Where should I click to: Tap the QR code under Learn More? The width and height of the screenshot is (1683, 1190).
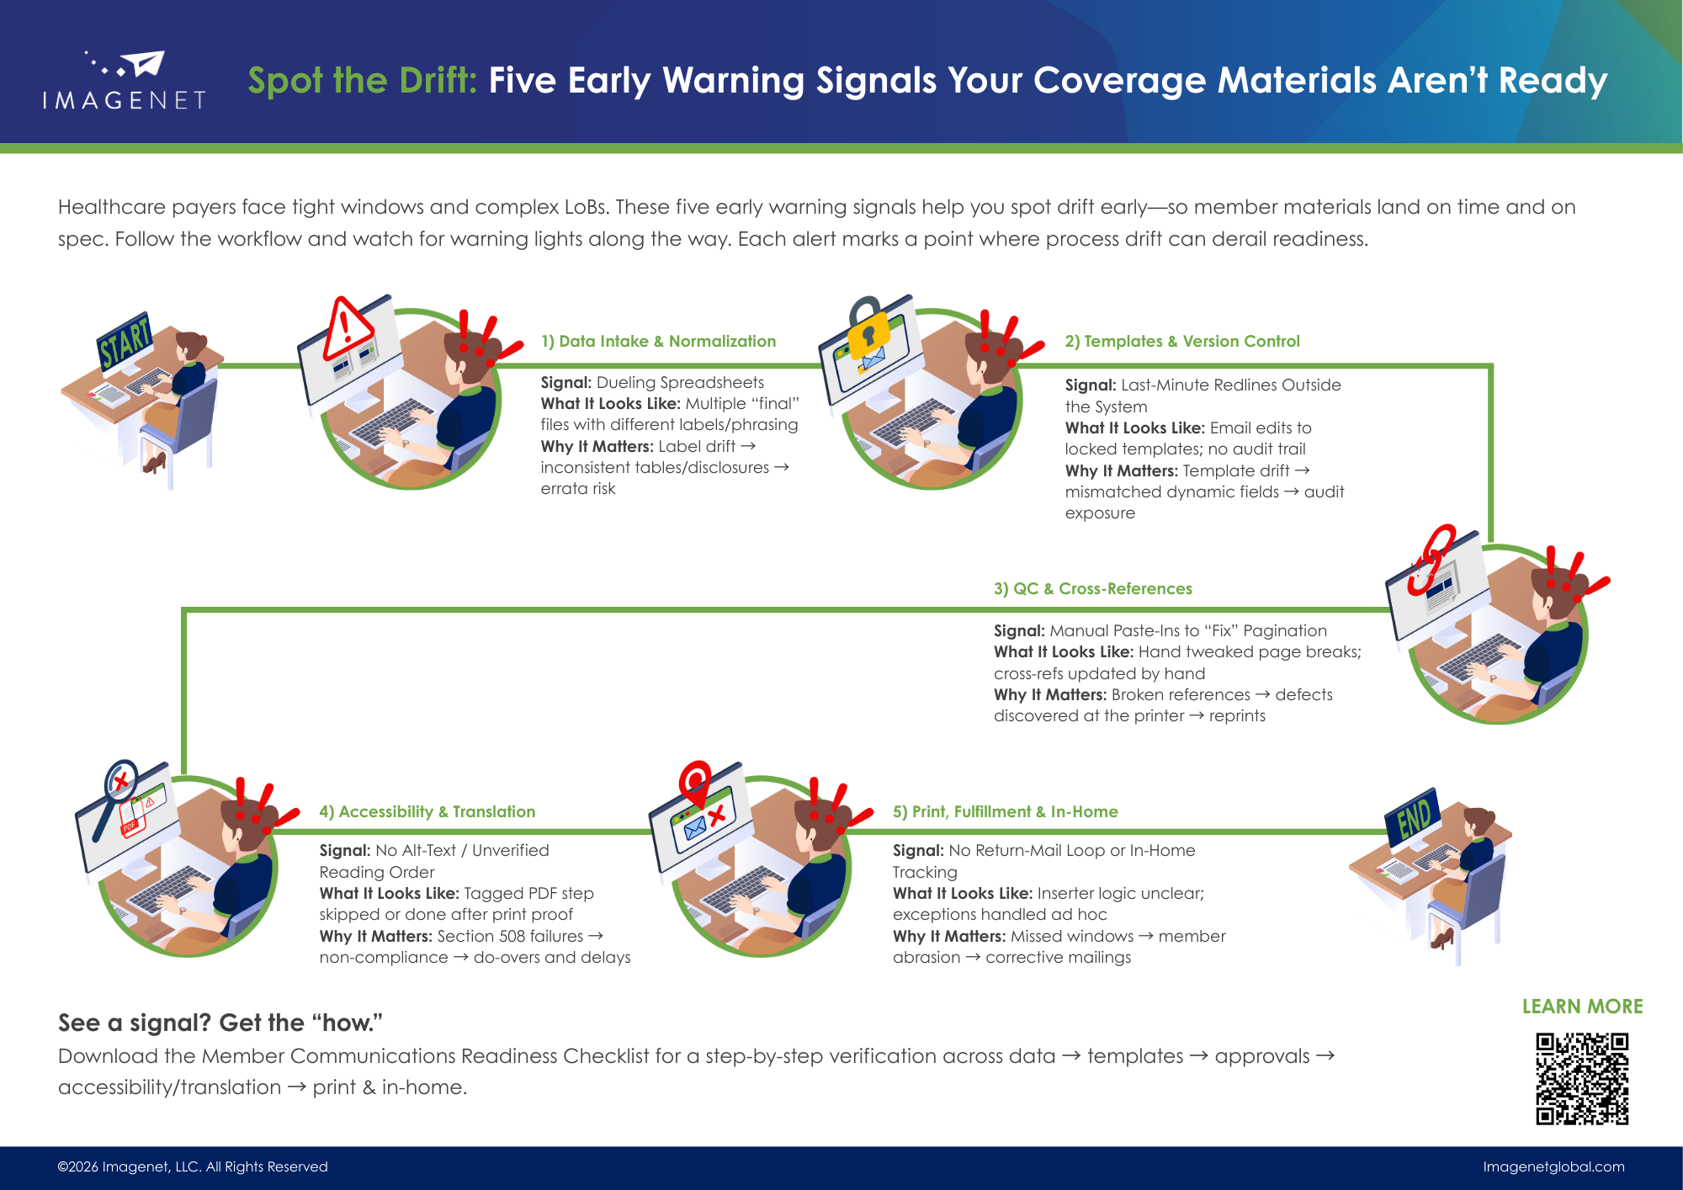point(1582,1079)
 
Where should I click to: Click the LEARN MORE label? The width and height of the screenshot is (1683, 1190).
point(1582,1007)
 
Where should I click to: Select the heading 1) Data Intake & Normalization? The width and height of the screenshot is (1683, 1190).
point(658,341)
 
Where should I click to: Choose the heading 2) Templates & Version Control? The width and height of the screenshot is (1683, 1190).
point(1181,341)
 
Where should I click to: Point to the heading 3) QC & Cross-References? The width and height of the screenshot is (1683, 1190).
point(1092,588)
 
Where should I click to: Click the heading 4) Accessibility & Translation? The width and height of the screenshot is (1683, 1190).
point(427,811)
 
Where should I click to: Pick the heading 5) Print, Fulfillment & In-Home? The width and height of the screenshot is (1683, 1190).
point(1005,811)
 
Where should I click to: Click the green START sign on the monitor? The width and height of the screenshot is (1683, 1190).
point(125,341)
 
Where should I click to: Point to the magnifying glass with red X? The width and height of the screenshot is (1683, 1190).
point(118,791)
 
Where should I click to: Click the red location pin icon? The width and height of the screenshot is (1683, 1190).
point(695,783)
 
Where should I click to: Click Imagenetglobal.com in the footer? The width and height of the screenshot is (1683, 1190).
point(1553,1166)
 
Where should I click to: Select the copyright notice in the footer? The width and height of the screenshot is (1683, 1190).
point(193,1166)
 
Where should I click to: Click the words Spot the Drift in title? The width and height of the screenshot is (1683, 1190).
point(362,81)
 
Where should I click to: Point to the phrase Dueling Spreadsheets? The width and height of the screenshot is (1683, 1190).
point(680,382)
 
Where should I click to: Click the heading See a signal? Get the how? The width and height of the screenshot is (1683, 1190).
point(220,1023)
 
